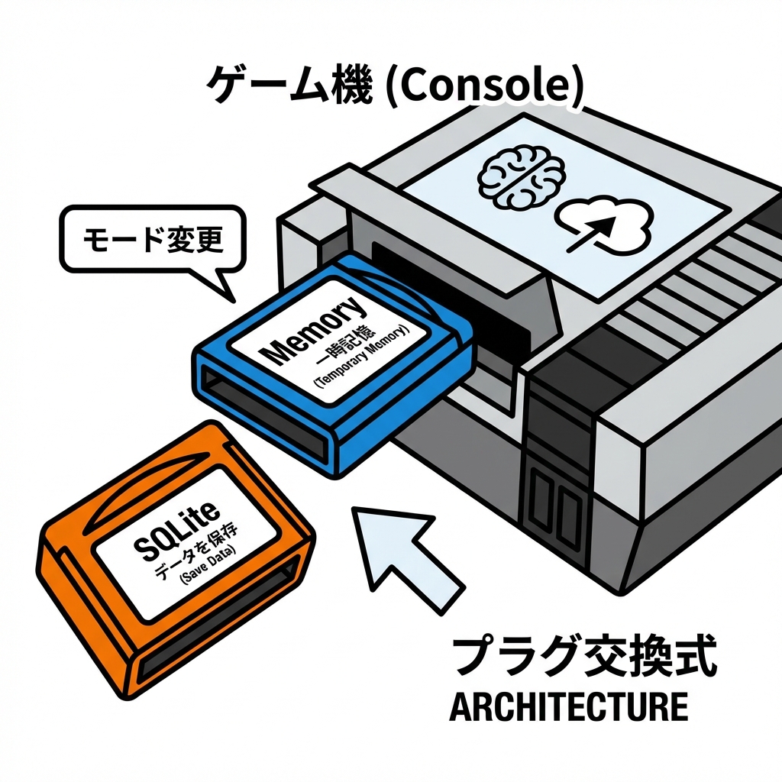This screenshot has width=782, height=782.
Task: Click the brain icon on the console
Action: (x=521, y=176)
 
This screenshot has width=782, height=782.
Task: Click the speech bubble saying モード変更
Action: (x=153, y=241)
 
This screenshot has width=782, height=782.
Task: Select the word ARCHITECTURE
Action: (x=568, y=707)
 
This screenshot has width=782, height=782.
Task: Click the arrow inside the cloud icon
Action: (x=599, y=228)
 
